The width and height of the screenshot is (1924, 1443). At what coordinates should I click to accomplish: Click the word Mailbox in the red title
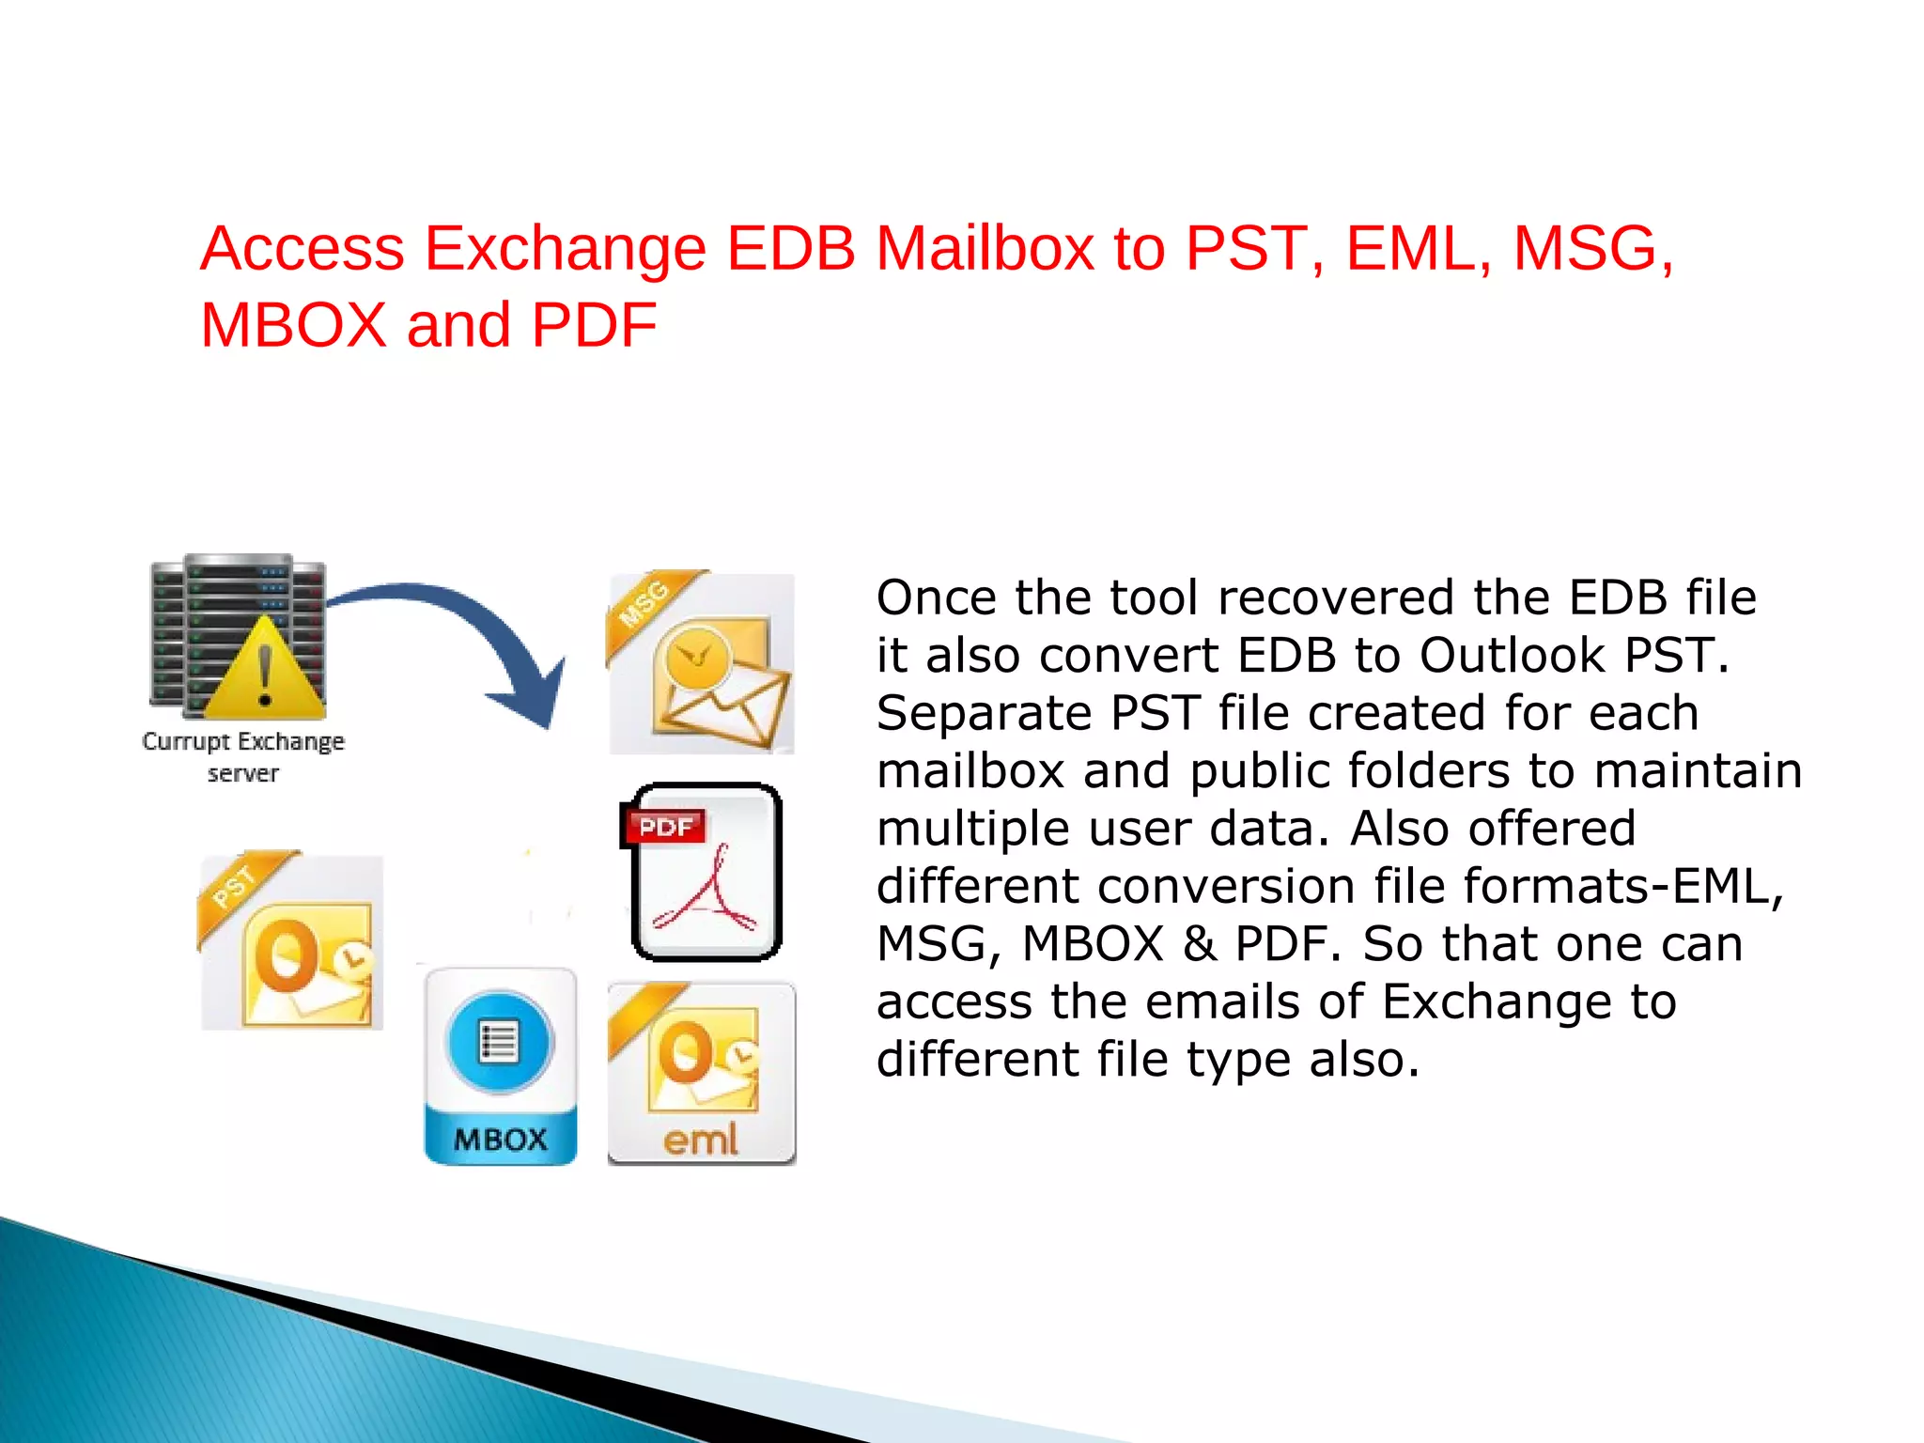point(984,249)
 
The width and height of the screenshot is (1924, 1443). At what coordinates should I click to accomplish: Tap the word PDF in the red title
point(594,326)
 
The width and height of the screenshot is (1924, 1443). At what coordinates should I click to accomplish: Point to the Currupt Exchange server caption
point(243,756)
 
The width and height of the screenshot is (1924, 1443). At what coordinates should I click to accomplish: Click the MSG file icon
point(702,663)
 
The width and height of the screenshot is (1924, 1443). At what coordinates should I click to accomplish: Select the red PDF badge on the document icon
point(665,827)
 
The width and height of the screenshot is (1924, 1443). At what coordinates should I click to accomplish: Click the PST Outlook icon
point(291,942)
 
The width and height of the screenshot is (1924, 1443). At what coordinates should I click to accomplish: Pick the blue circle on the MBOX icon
point(500,1042)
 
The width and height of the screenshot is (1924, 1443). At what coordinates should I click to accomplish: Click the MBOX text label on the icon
point(500,1140)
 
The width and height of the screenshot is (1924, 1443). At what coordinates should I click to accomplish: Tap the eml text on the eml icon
point(701,1140)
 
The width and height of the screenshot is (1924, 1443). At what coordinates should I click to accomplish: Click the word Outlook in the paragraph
point(1513,655)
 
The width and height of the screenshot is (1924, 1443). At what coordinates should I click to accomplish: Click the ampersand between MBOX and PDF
point(1200,944)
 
